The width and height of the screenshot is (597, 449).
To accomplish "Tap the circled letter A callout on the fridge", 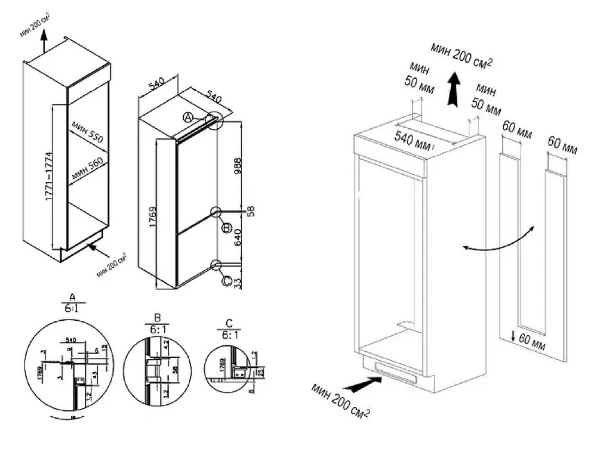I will [188, 117].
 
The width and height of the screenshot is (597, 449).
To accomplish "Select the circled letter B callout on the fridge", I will [227, 227].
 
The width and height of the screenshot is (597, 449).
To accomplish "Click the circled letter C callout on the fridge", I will [226, 281].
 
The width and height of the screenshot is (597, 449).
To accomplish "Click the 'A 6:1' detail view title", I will [72, 302].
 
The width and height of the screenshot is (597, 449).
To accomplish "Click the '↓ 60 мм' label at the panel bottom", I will [527, 339].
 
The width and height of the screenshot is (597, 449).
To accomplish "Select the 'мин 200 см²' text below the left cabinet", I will [112, 266].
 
